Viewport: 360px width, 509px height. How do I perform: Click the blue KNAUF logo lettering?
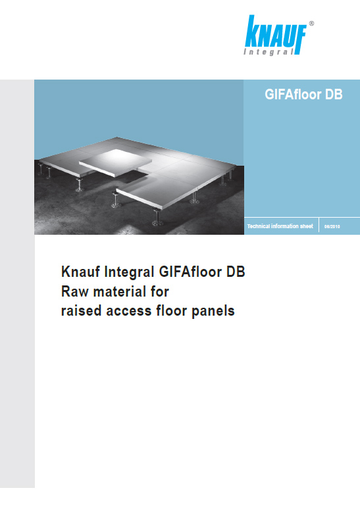(x=276, y=32)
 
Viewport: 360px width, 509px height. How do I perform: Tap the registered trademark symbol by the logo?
(x=311, y=24)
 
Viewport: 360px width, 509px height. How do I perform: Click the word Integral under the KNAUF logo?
(x=269, y=52)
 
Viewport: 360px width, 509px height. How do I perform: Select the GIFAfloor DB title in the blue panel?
(x=303, y=95)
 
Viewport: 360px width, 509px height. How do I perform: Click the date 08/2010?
(x=332, y=227)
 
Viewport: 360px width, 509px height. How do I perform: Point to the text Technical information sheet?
(x=280, y=226)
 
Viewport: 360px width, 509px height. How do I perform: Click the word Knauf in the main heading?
(x=80, y=272)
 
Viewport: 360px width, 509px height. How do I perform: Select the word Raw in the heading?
(x=75, y=291)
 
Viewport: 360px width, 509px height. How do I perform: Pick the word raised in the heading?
(x=81, y=310)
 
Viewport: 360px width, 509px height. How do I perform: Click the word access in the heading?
(x=129, y=312)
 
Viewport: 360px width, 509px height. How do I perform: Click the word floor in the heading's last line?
(x=172, y=310)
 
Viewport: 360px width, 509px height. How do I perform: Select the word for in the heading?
(x=160, y=291)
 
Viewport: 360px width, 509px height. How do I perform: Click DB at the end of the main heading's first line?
(x=236, y=272)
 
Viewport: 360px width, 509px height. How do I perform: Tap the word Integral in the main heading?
(x=129, y=272)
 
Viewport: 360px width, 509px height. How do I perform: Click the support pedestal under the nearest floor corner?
(x=157, y=217)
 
